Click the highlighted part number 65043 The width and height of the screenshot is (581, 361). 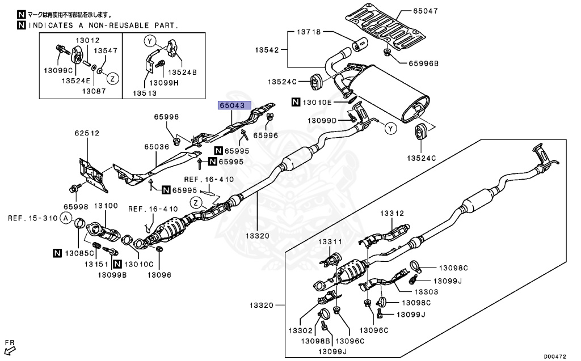[233, 105]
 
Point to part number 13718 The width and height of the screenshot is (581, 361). [308, 32]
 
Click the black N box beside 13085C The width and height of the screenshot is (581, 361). [58, 253]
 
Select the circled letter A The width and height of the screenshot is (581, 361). [66, 218]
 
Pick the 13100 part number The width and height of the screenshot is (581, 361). [106, 207]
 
